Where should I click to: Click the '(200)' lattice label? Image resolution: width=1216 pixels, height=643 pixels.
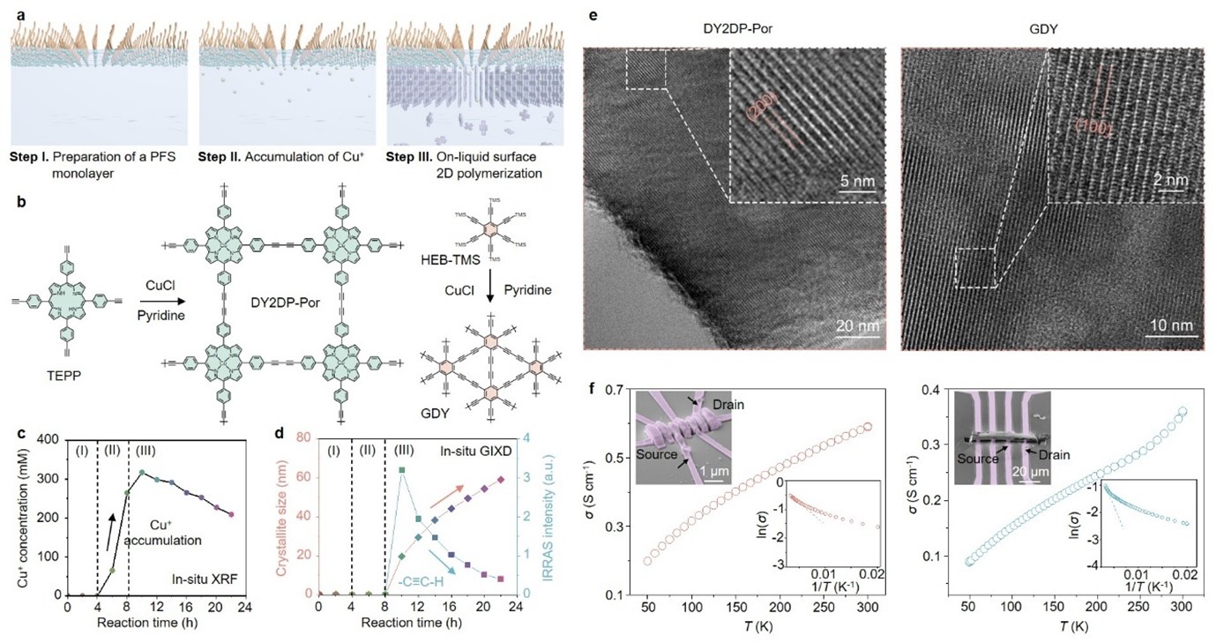point(758,108)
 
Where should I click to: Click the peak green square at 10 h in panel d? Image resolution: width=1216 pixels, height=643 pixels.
point(401,470)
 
